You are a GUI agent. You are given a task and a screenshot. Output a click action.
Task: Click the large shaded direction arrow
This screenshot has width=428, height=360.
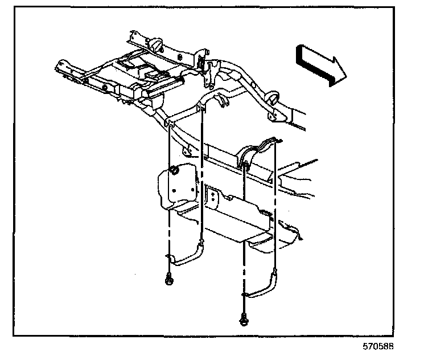coord(319,64)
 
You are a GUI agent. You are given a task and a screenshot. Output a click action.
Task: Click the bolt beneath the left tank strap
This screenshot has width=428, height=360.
coord(170,279)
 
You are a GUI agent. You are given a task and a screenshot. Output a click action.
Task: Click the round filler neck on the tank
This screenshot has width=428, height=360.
coord(174,170)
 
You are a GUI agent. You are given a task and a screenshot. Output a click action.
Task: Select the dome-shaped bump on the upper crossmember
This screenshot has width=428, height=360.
coord(154,43)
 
